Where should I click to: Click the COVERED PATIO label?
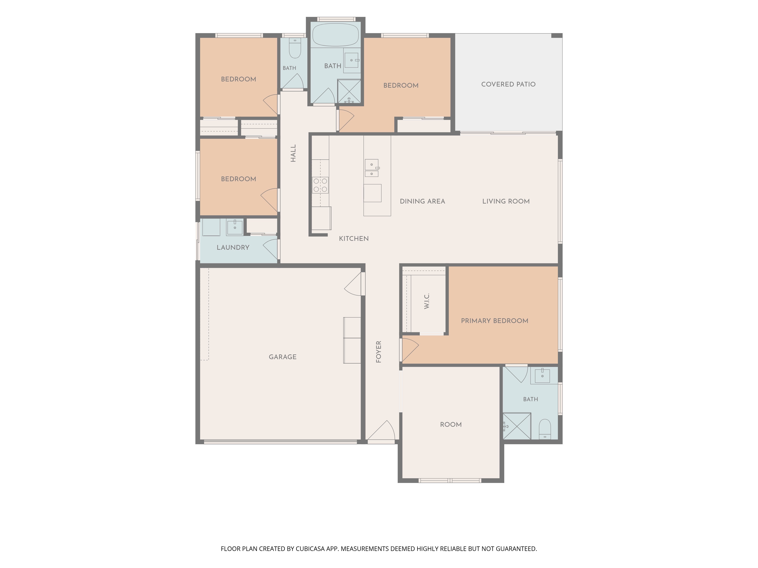[x=508, y=84]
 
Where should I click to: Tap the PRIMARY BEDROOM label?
[x=494, y=321]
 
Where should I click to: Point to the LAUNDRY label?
[x=233, y=247]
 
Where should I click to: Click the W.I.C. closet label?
[x=427, y=301]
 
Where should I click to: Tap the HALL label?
[x=293, y=153]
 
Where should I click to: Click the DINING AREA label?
[x=423, y=201]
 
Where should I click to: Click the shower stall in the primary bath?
[x=517, y=426]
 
